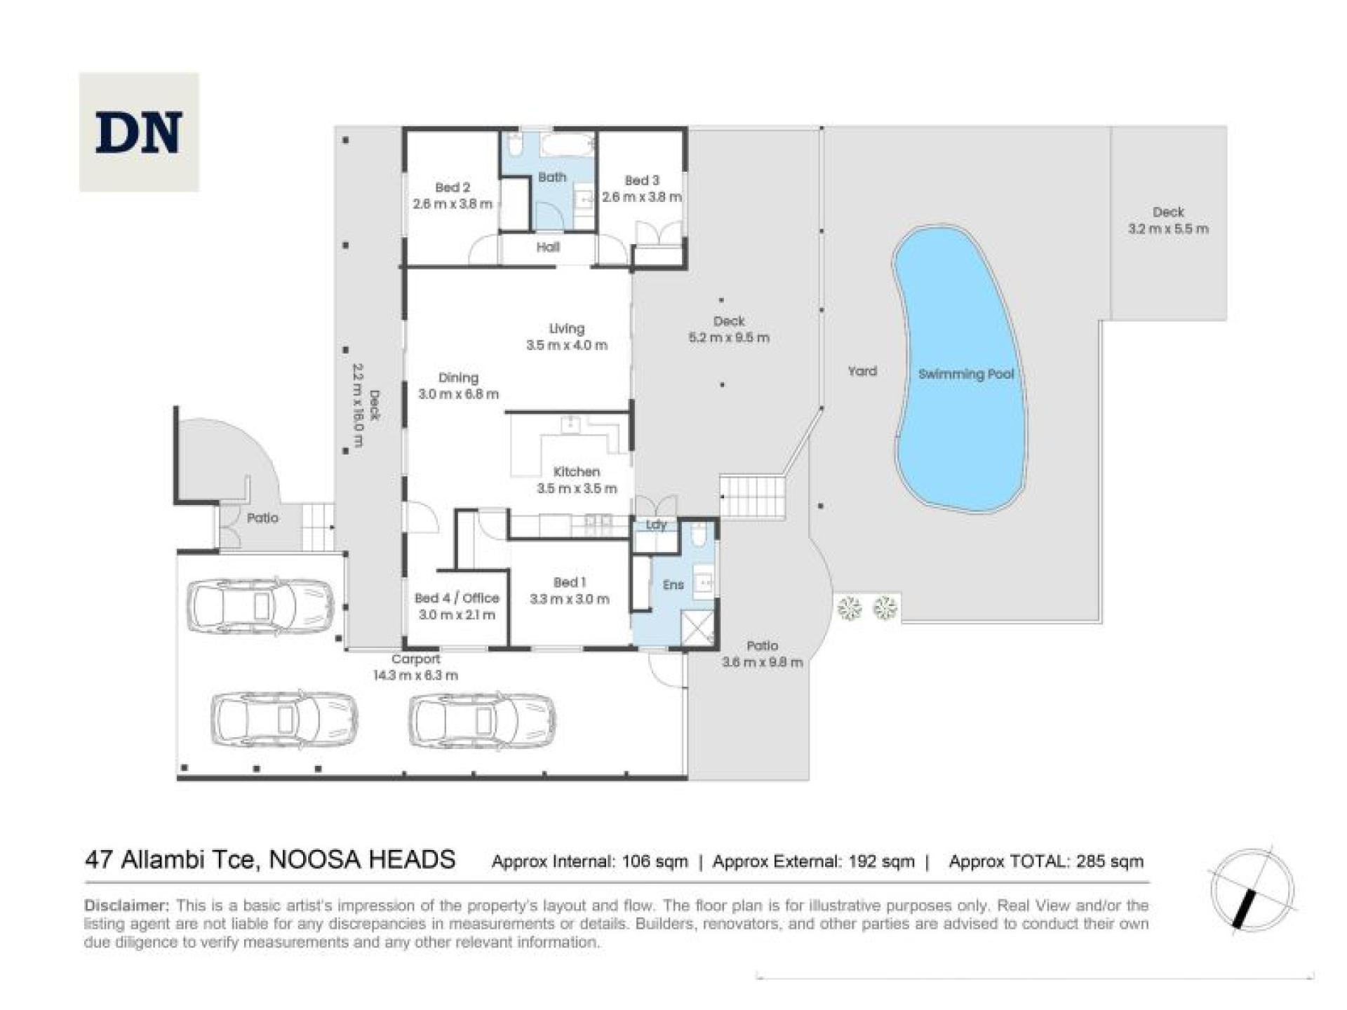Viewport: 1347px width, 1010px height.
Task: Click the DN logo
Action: click(139, 132)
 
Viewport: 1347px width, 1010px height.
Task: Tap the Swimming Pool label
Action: click(966, 374)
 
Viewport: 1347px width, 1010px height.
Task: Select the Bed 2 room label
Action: click(453, 187)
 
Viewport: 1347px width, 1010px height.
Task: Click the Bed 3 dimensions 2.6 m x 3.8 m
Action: click(641, 197)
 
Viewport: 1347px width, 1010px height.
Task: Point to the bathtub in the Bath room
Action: click(568, 146)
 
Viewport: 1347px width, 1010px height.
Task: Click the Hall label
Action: click(548, 247)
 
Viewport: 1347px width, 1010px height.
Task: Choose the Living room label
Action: click(566, 328)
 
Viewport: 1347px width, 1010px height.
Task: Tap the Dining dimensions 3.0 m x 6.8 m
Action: click(458, 394)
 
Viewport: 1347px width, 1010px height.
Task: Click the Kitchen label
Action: click(576, 471)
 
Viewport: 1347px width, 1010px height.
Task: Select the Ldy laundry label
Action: click(656, 525)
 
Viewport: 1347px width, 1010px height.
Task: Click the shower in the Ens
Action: click(697, 628)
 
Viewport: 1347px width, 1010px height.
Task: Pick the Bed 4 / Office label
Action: click(457, 598)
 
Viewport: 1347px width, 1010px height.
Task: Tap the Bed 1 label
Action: click(569, 582)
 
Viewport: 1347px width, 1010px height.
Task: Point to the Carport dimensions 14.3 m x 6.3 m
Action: click(415, 675)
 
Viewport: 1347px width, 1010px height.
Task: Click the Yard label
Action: click(862, 371)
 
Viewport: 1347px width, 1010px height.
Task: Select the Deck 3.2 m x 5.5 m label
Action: click(1168, 220)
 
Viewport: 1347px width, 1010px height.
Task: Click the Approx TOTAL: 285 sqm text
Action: click(1046, 861)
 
